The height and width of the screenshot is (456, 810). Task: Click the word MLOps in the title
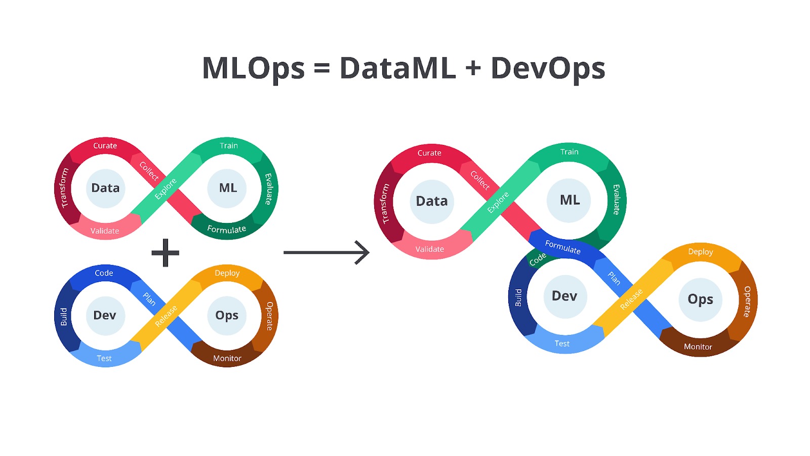pyautogui.click(x=253, y=68)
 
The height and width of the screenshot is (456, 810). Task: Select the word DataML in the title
pyautogui.click(x=397, y=68)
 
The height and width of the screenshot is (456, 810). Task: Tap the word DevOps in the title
pyautogui.click(x=548, y=68)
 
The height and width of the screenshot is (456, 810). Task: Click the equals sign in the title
pyautogui.click(x=322, y=68)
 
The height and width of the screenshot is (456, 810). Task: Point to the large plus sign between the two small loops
pyautogui.click(x=166, y=253)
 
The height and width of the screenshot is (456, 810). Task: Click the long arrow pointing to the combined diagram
pyautogui.click(x=327, y=252)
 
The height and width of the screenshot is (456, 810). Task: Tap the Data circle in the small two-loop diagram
pyautogui.click(x=105, y=188)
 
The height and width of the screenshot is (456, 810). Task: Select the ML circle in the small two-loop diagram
pyautogui.click(x=227, y=188)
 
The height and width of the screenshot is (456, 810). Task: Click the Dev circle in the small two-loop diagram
pyautogui.click(x=105, y=315)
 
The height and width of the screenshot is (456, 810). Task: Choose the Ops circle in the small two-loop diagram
pyautogui.click(x=227, y=315)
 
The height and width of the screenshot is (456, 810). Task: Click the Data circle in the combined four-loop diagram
pyautogui.click(x=432, y=201)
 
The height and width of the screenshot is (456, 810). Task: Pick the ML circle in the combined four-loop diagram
pyautogui.click(x=570, y=200)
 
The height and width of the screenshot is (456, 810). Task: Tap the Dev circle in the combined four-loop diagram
pyautogui.click(x=564, y=296)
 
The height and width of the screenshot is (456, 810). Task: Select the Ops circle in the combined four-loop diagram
pyautogui.click(x=700, y=299)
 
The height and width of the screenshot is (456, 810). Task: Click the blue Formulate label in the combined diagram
pyautogui.click(x=562, y=247)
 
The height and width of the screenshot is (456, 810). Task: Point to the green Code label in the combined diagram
pyautogui.click(x=538, y=259)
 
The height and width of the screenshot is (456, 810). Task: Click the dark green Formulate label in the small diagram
pyautogui.click(x=226, y=230)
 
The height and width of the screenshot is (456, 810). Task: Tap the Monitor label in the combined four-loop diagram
pyautogui.click(x=698, y=347)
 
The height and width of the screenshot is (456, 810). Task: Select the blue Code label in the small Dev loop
pyautogui.click(x=104, y=273)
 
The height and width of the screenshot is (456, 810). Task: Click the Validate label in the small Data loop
pyautogui.click(x=105, y=231)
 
